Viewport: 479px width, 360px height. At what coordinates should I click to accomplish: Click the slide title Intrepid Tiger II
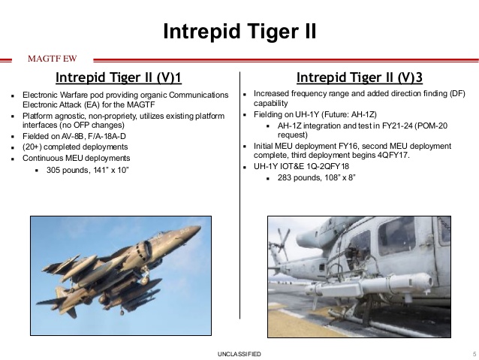[x=239, y=32]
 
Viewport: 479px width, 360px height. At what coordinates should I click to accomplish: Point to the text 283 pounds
[x=295, y=177]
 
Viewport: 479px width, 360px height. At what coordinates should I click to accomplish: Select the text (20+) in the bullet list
[x=34, y=148]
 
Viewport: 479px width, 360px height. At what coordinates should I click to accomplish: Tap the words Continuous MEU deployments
[x=76, y=159]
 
